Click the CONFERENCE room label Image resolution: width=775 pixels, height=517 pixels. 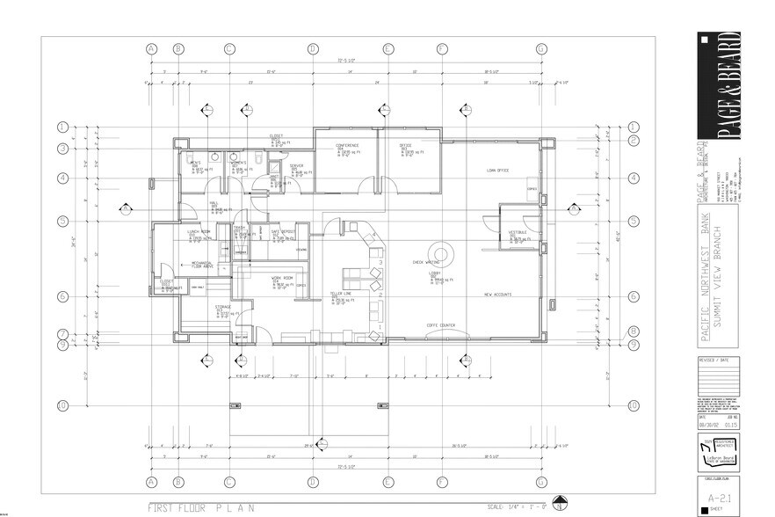click(x=344, y=144)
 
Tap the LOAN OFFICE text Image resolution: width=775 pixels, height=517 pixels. click(x=497, y=171)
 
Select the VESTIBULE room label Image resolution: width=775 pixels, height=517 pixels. click(x=518, y=232)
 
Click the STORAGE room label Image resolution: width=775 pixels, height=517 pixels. click(x=224, y=307)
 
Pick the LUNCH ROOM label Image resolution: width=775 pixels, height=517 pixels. click(x=198, y=231)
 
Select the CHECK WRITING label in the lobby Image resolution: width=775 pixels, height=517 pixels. click(x=426, y=262)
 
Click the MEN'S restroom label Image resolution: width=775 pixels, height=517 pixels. click(x=196, y=163)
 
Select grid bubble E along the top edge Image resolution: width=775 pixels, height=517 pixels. click(x=387, y=48)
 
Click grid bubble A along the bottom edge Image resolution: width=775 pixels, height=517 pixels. click(x=151, y=481)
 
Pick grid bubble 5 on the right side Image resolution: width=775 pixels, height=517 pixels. click(x=632, y=221)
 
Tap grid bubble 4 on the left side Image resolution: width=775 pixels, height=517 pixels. click(x=62, y=178)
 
